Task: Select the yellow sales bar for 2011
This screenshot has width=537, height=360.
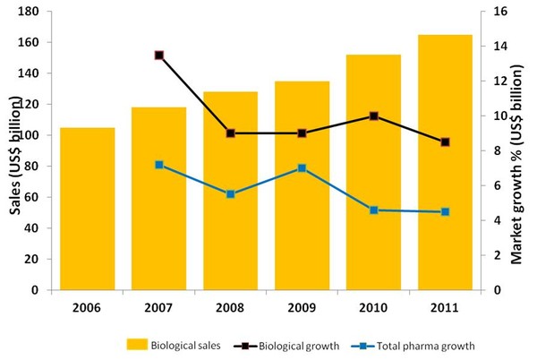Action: click(x=446, y=162)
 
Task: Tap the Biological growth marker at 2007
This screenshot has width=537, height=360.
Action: click(x=158, y=56)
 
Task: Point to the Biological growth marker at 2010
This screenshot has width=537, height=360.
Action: click(x=373, y=116)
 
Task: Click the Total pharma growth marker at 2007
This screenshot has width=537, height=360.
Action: click(x=158, y=165)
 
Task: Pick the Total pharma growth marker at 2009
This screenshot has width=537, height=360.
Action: click(x=302, y=167)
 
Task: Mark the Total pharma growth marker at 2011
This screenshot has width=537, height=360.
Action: click(x=445, y=211)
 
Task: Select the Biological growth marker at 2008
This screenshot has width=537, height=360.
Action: click(x=230, y=133)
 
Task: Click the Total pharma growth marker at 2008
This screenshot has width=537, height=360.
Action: click(x=230, y=193)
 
